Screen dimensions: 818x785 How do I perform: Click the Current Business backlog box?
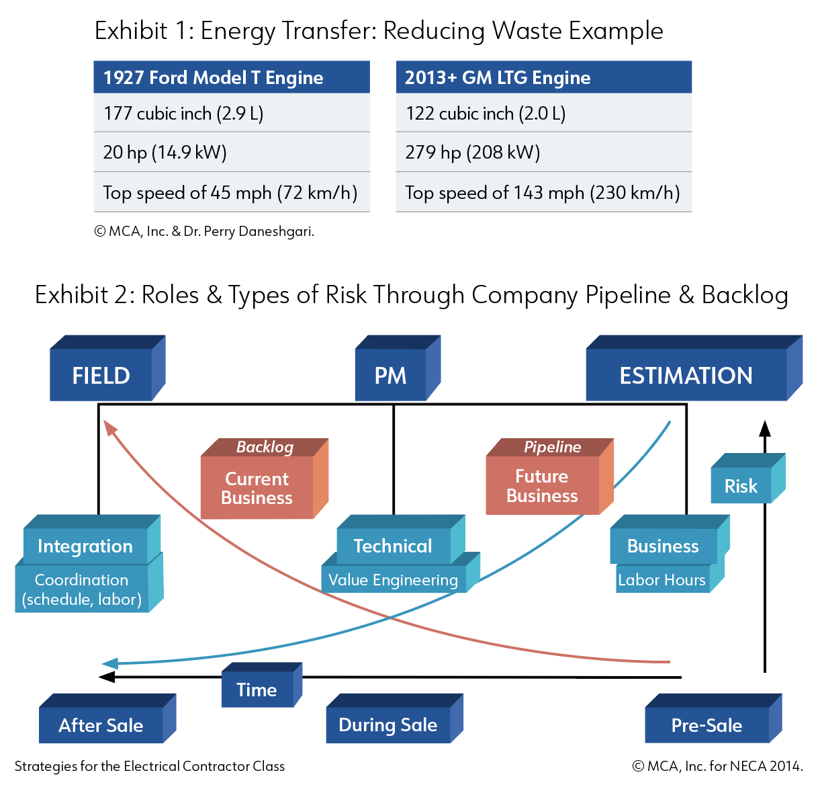point(264,479)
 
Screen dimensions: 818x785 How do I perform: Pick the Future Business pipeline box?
point(549,477)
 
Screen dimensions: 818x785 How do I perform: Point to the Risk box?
point(747,478)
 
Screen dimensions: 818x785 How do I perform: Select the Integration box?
point(91,539)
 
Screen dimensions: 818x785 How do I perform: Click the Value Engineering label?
point(393,580)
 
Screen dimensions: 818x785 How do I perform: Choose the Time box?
point(261,684)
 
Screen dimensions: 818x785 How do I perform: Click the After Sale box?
point(107,718)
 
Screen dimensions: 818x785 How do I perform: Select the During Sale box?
point(394,718)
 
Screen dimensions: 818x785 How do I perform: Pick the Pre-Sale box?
point(713,718)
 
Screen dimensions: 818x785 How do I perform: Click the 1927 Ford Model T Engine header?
point(232,77)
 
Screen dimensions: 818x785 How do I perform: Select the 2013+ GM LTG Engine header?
point(543,77)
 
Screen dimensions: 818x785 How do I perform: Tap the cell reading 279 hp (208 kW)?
point(543,152)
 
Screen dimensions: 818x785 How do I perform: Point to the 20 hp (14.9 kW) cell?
point(232,152)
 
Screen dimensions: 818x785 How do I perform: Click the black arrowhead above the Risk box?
point(765,428)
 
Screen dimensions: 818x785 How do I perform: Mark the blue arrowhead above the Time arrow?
point(110,663)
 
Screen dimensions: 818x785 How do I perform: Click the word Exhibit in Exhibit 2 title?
point(71,294)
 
